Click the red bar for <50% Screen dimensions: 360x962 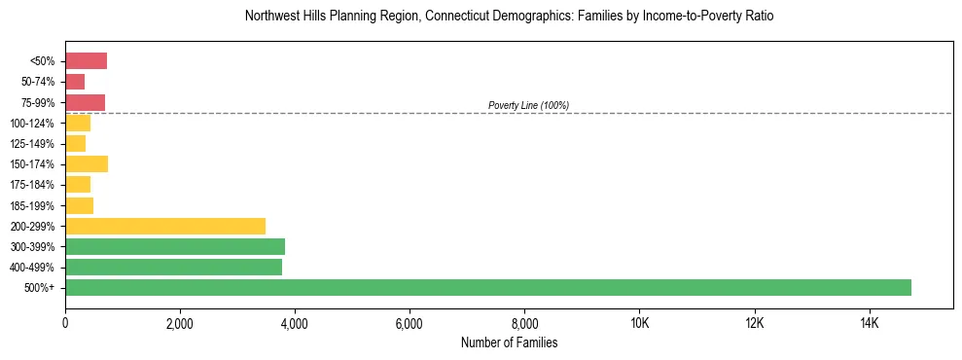pos(86,61)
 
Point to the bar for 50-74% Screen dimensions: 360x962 pos(75,82)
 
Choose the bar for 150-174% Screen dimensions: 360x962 pos(87,164)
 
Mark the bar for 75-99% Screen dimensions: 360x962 pos(85,102)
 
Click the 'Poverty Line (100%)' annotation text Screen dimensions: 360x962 pos(528,105)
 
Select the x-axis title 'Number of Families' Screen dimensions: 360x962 pos(509,342)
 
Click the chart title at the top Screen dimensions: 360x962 pos(509,17)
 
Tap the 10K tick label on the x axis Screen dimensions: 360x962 pos(639,322)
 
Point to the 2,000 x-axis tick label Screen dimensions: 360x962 pos(180,322)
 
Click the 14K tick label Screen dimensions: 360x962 pos(869,322)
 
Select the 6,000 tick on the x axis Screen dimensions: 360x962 pos(410,322)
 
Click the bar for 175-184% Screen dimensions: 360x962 pos(78,185)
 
